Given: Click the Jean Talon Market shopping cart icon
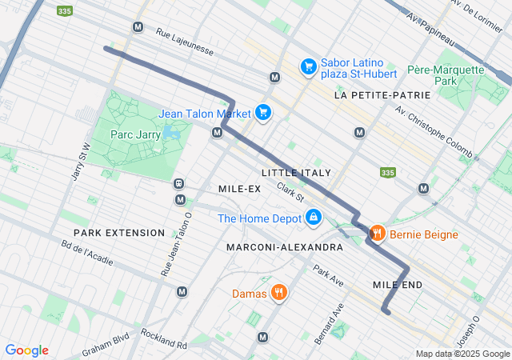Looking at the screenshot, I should (x=262, y=113).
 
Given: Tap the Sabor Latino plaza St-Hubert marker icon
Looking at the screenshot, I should (x=308, y=67).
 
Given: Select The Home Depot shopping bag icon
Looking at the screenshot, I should (x=314, y=218).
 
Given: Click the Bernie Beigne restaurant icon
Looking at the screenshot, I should (x=376, y=234).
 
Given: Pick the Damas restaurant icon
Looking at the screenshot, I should (x=278, y=293).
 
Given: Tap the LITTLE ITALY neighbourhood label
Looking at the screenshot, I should (x=296, y=173).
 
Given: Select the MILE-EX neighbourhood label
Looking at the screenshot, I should (x=239, y=188).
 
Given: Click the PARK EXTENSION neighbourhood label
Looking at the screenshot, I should (x=119, y=233).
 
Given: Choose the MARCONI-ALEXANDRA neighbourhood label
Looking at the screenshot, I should (x=284, y=247).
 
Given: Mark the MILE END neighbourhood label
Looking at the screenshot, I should (x=398, y=285).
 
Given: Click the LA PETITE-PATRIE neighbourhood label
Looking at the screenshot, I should (x=382, y=95).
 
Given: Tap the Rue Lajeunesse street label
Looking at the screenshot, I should (x=186, y=42).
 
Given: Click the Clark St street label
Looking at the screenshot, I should (x=291, y=192).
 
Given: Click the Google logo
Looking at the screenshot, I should (x=26, y=350).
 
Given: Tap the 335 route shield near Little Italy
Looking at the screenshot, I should (x=388, y=172).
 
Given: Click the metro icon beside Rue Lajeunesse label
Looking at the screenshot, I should (x=138, y=26).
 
